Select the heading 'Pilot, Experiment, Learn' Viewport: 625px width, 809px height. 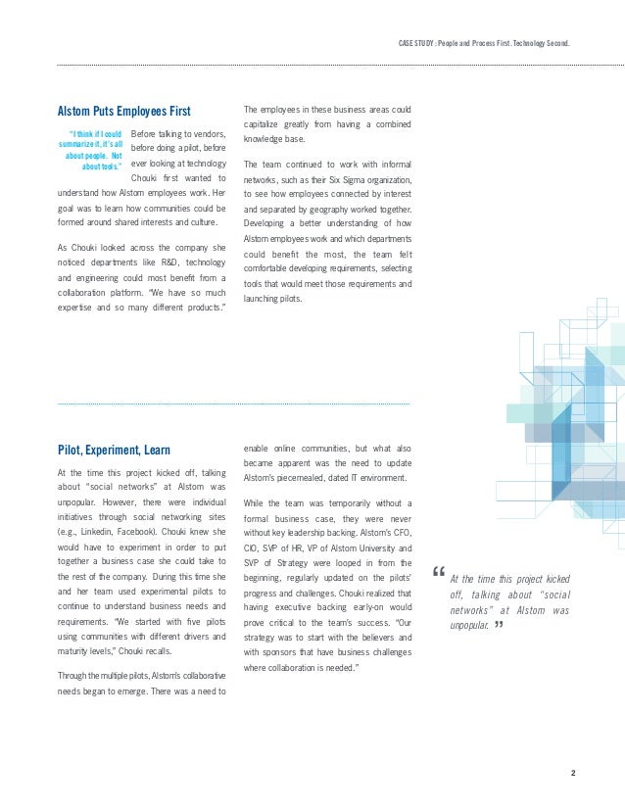pos(114,451)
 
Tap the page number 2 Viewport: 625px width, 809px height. pos(572,774)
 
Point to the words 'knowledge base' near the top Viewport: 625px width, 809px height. pos(274,140)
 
